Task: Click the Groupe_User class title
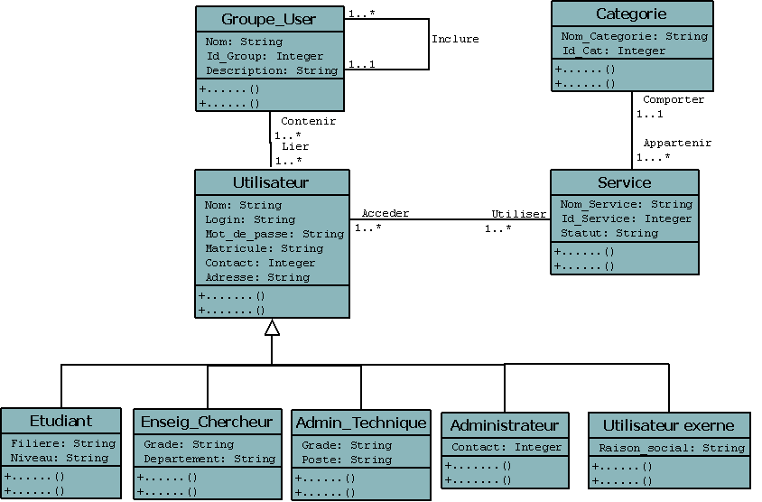pos(269,19)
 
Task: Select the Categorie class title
pos(631,14)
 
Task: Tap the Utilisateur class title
pos(271,182)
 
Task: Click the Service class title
pos(624,182)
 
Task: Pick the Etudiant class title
pos(60,421)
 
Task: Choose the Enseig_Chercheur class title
pos(207,422)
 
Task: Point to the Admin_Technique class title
pos(361,423)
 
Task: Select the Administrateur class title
pos(504,425)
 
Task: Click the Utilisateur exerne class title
pos(667,425)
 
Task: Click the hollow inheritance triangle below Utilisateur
pos(272,328)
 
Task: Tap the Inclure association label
pos(455,39)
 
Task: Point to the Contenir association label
pos(308,121)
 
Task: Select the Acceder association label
pos(386,214)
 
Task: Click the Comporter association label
pos(674,99)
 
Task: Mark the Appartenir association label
pos(677,143)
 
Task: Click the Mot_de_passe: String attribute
pos(274,234)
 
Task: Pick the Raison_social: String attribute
pos(672,448)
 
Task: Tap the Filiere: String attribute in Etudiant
pos(63,443)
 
